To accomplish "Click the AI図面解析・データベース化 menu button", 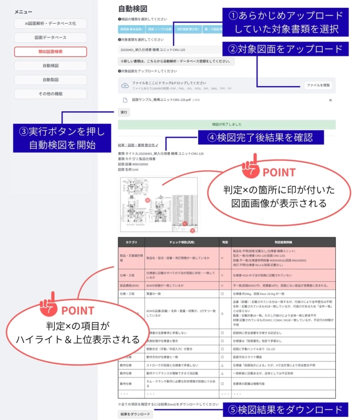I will tap(50, 24).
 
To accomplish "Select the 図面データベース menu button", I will tap(50, 38).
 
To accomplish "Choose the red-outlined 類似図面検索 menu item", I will tap(50, 51).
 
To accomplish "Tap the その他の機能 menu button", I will tap(50, 94).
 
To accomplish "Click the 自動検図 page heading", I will tap(132, 9).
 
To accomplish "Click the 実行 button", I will tap(124, 112).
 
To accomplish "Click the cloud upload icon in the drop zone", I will tap(125, 85).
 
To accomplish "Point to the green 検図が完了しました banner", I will tap(227, 124).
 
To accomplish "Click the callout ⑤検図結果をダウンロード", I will tap(284, 409).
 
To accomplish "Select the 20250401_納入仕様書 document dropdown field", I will tap(168, 50).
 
